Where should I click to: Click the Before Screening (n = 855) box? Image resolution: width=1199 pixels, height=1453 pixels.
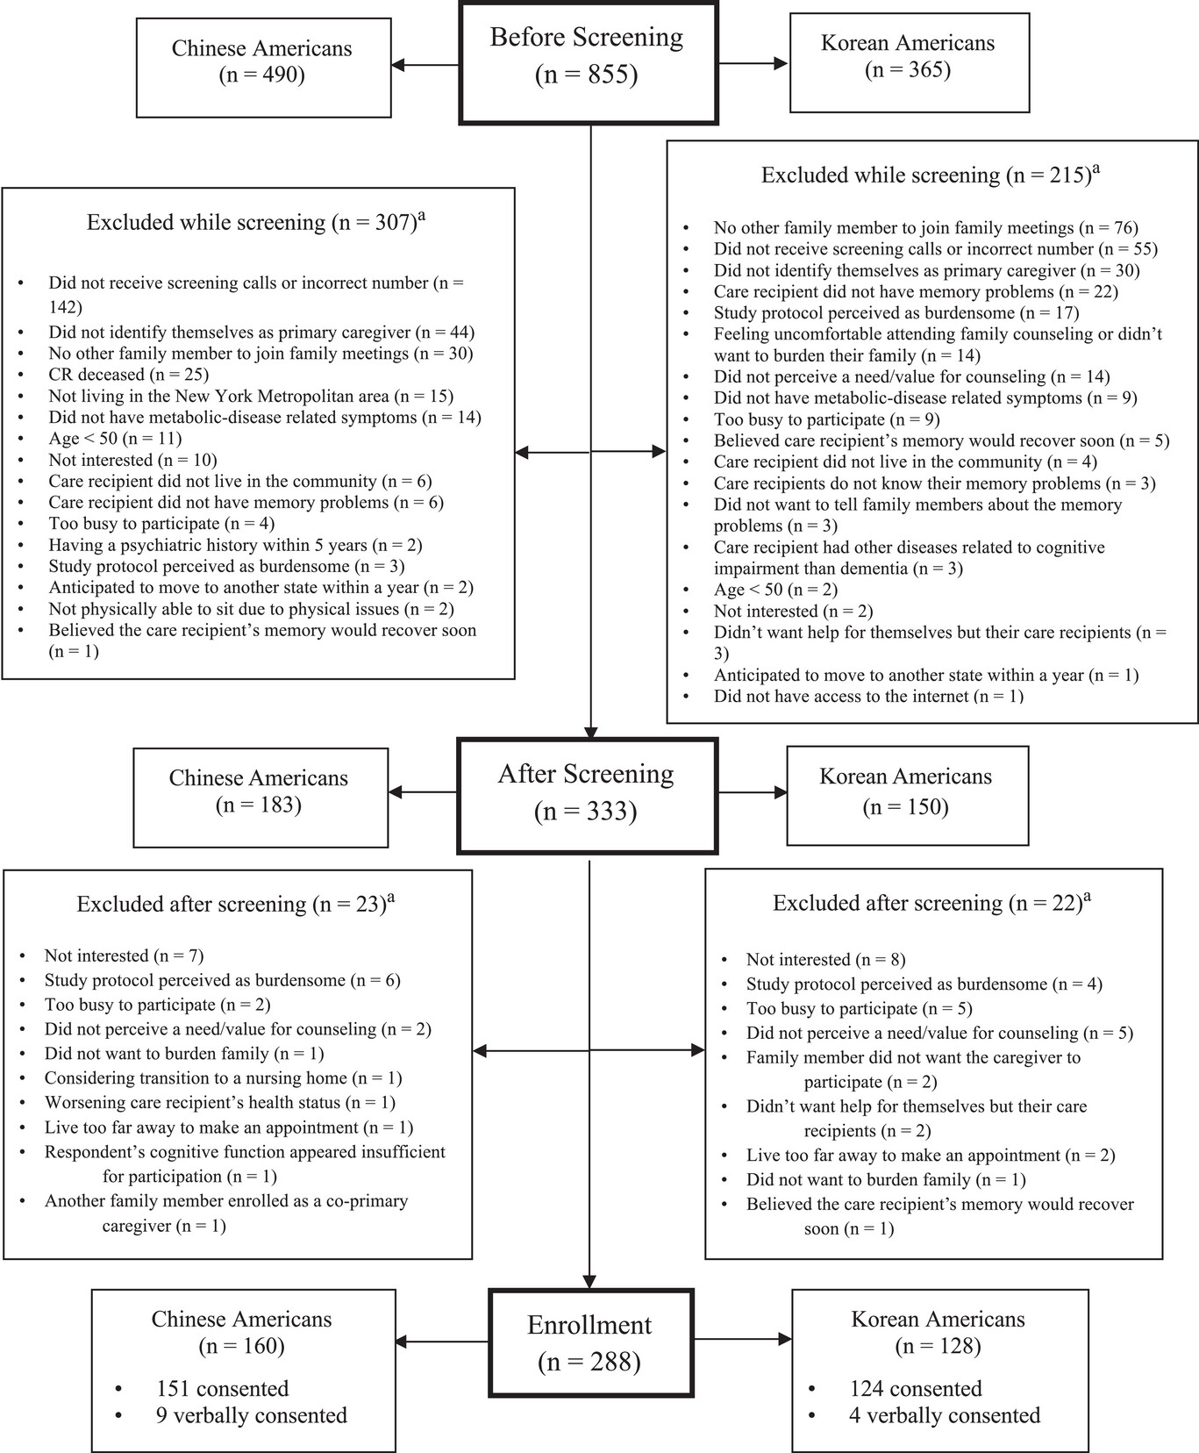(588, 62)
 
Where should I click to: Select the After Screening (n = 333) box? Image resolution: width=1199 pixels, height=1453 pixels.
(587, 795)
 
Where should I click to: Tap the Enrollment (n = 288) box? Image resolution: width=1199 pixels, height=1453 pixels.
(590, 1342)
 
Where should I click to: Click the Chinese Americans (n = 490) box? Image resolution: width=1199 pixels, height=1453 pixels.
(263, 67)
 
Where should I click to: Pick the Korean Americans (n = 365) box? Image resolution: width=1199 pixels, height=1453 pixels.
(909, 61)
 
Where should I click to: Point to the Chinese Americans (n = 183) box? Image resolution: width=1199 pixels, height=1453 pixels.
(260, 797)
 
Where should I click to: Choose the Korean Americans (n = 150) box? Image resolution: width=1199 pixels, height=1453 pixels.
(906, 795)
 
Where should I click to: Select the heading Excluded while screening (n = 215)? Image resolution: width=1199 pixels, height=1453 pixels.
(930, 175)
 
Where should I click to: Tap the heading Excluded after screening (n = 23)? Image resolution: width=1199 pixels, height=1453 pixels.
(235, 905)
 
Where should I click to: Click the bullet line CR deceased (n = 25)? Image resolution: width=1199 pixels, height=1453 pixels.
(128, 375)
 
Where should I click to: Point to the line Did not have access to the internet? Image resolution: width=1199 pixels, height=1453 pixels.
(868, 696)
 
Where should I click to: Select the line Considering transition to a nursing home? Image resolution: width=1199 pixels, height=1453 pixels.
(223, 1077)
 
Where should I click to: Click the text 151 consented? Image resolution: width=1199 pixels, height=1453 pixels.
(222, 1389)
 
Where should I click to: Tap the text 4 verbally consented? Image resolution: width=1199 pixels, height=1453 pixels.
(944, 1415)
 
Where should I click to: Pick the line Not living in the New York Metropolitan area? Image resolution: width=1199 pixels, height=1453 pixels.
(251, 396)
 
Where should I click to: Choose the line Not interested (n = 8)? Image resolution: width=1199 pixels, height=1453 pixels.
(825, 959)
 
